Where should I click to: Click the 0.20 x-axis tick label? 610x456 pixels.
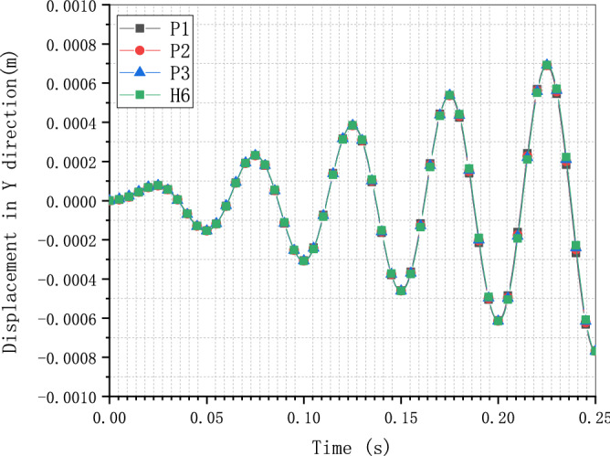tap(498, 414)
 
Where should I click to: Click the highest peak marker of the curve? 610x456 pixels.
tap(547, 65)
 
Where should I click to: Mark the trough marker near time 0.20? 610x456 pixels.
tap(499, 320)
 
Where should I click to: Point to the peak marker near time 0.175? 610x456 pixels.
tap(449, 95)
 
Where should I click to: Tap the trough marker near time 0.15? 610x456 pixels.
tap(401, 291)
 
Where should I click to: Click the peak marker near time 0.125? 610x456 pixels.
tap(352, 125)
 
